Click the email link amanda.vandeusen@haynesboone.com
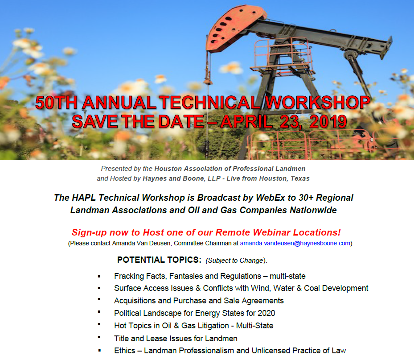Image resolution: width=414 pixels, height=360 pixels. pyautogui.click(x=295, y=243)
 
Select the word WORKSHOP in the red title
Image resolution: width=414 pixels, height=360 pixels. pyautogui.click(x=317, y=102)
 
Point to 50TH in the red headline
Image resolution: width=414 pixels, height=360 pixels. pyautogui.click(x=56, y=102)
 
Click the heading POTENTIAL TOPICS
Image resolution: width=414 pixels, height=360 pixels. pyautogui.click(x=159, y=260)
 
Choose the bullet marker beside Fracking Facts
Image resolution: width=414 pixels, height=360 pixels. pyautogui.click(x=99, y=277)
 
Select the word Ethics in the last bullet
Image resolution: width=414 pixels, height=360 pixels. pyautogui.click(x=125, y=351)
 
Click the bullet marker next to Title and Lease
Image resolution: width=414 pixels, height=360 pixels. pyautogui.click(x=99, y=337)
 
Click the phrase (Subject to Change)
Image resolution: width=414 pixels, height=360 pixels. pyautogui.click(x=236, y=261)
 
